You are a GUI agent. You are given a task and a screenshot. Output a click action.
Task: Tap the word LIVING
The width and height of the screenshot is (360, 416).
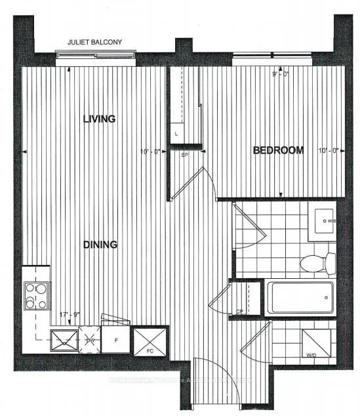tap(100, 119)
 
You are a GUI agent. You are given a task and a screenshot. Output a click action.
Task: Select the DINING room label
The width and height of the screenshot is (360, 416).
tap(100, 245)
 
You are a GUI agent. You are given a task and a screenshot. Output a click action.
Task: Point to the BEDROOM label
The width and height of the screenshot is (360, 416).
tap(279, 150)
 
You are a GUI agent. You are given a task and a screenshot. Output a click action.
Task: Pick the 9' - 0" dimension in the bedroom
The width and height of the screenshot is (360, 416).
tap(281, 74)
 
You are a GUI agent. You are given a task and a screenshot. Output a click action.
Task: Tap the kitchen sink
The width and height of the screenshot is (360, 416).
tap(65, 341)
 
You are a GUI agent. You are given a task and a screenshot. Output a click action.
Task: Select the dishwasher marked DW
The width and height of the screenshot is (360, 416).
tap(92, 339)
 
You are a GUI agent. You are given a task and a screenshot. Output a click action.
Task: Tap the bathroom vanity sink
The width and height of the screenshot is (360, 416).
tap(325, 221)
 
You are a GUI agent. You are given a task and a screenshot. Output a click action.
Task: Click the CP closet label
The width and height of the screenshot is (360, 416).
tap(241, 312)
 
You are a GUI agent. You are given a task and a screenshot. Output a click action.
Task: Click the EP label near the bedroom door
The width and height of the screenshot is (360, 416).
tap(186, 156)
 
